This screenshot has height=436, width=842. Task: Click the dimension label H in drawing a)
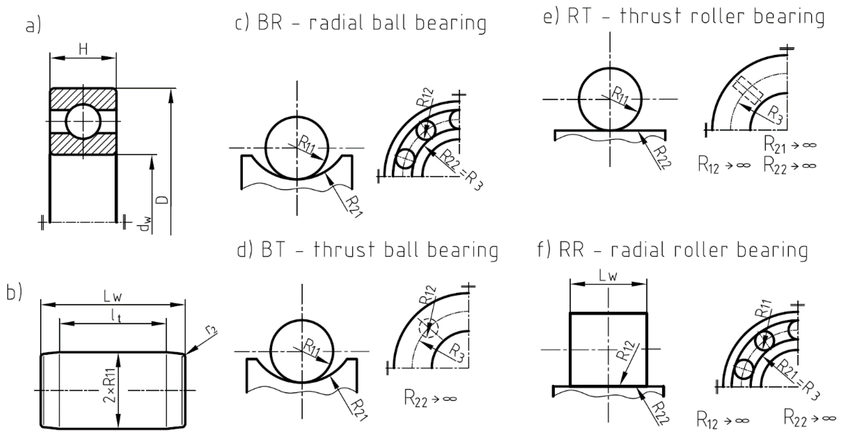(83, 50)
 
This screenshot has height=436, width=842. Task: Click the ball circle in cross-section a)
(83, 122)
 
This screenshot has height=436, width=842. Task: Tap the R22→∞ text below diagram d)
(430, 398)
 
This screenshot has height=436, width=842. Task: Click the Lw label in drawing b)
(113, 297)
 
